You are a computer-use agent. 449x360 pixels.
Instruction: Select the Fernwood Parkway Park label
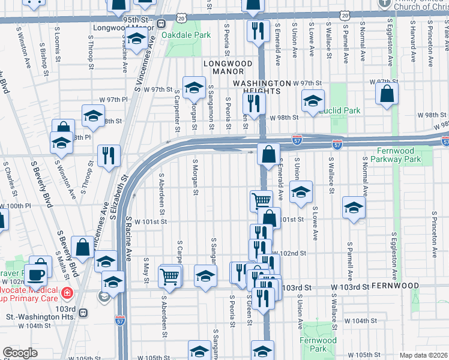tap(400, 155)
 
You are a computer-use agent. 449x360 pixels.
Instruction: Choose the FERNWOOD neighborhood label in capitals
tap(393, 287)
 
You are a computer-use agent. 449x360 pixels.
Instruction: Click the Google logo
tap(20, 353)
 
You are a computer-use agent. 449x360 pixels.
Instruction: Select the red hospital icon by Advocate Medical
tap(67, 293)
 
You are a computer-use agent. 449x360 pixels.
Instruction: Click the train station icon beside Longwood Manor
tap(161, 24)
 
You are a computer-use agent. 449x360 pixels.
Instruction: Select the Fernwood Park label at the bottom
tap(318, 344)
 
